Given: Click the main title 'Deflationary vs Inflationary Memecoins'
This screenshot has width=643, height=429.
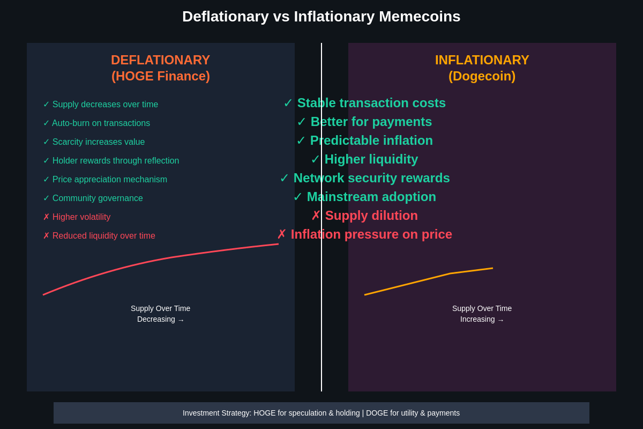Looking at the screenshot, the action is tap(321, 17).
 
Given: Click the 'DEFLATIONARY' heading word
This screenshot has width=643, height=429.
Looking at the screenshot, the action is tap(160, 60).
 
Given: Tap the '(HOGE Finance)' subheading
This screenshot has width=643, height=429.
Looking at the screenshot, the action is tap(160, 76).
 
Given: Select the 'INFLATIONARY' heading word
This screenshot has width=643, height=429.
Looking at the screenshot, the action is tap(482, 60).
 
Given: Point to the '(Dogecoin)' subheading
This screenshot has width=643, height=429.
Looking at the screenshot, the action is tap(482, 76).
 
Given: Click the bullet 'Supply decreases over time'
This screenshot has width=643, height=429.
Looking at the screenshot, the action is tap(105, 105).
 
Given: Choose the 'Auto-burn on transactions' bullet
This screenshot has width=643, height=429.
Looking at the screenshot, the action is tap(101, 123).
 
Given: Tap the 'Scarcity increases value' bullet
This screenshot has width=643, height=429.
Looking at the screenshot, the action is tap(99, 142).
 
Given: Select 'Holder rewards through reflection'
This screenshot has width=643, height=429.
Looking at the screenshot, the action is tap(116, 161).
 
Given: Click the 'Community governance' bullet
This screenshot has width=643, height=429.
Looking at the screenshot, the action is tap(98, 198).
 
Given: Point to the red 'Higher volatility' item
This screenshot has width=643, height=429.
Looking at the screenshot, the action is tap(81, 217).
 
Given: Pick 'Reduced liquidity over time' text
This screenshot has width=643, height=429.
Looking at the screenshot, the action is tap(104, 236).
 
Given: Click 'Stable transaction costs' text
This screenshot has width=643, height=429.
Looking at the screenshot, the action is tap(371, 103).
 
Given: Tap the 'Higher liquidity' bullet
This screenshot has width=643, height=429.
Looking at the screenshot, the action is tap(371, 159).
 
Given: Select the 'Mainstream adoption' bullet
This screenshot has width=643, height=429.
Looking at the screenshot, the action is tap(371, 197).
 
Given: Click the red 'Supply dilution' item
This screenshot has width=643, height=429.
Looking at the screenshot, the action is tap(371, 216).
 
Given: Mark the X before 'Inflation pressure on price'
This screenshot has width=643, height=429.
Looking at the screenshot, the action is tap(282, 234).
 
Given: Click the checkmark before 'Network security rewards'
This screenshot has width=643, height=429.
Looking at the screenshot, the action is tap(285, 178).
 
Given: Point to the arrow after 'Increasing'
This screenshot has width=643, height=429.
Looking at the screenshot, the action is tap(500, 320).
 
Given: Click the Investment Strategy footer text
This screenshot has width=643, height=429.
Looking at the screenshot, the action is tap(321, 413).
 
